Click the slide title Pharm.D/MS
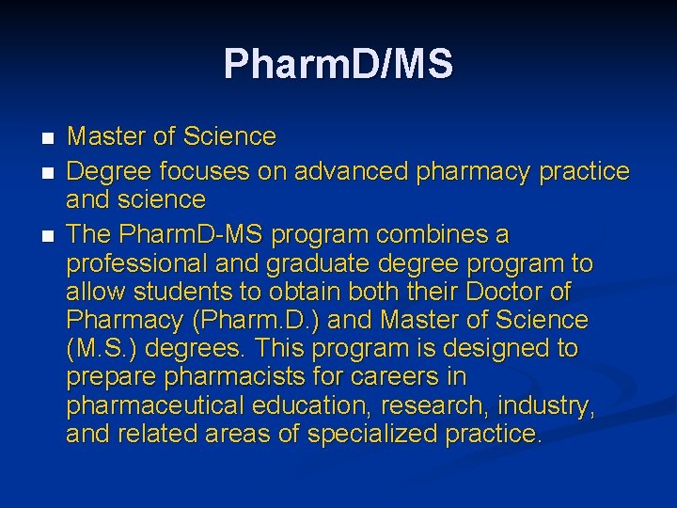coord(338,64)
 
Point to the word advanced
coord(350,171)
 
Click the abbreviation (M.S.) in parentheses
coord(97,348)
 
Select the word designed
coord(491,348)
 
